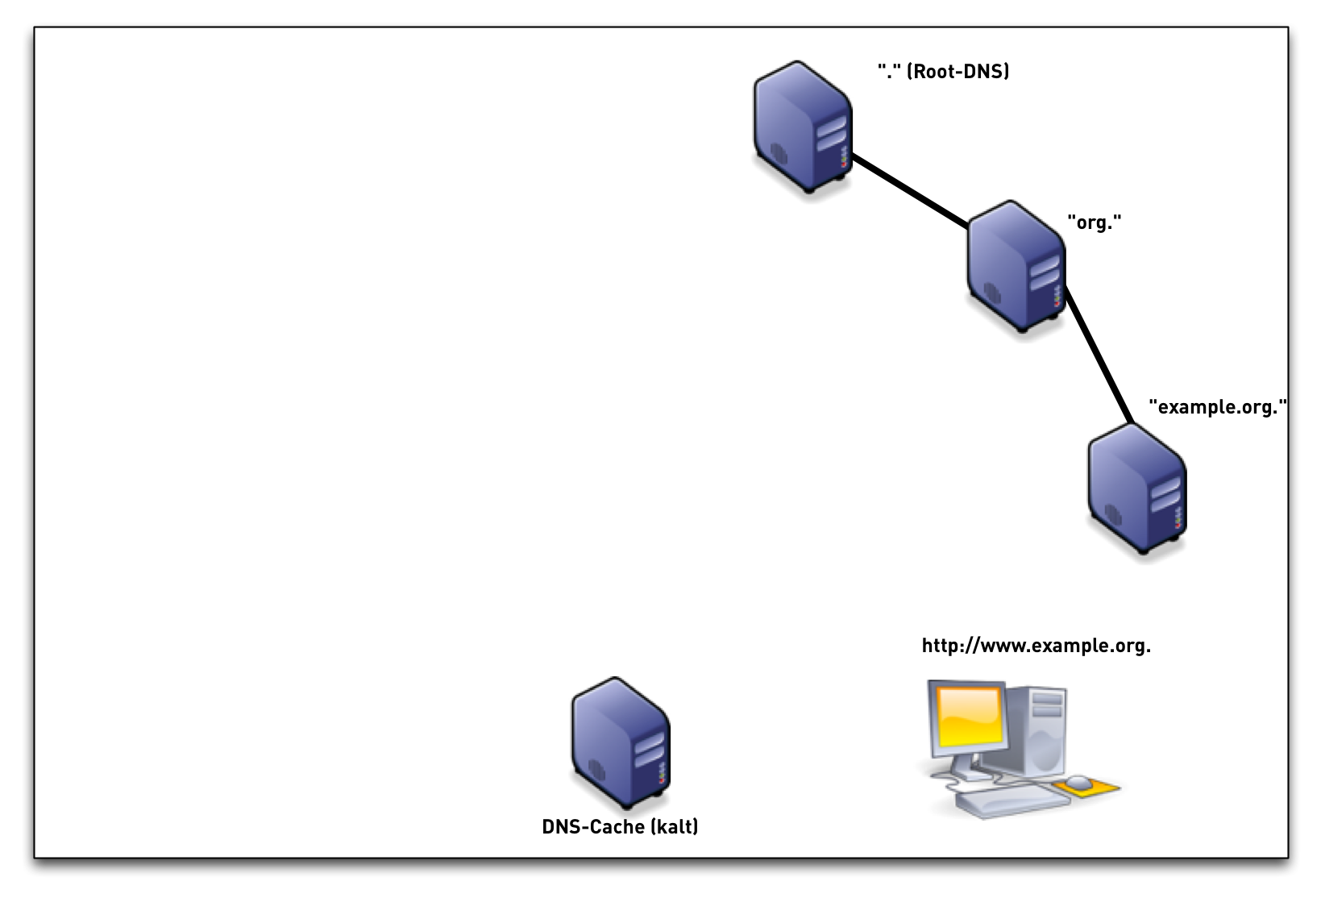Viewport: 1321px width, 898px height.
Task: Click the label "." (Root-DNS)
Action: click(x=943, y=72)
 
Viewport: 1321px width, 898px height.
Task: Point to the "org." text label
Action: click(x=1095, y=222)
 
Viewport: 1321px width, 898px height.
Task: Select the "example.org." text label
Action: click(x=1217, y=407)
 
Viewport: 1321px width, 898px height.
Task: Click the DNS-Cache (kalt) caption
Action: click(x=620, y=827)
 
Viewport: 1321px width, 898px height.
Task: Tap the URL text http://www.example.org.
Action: click(x=1036, y=646)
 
